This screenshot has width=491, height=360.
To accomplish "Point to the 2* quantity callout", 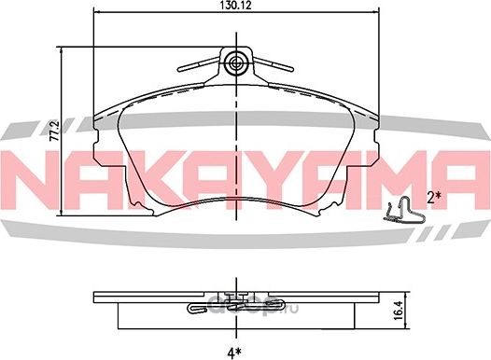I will click(x=433, y=197).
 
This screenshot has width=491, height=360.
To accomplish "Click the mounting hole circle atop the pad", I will click(x=236, y=63).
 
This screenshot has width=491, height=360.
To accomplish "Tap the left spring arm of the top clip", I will click(x=199, y=64).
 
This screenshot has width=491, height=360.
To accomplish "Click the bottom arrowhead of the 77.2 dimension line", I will click(x=63, y=214).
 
